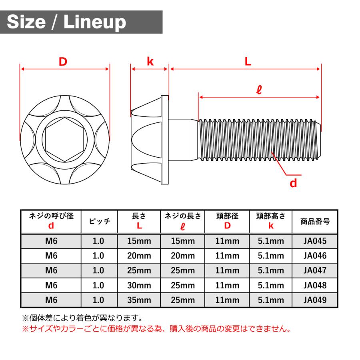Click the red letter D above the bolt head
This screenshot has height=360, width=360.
click(63, 62)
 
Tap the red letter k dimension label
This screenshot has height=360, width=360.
click(150, 62)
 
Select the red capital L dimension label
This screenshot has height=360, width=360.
click(248, 62)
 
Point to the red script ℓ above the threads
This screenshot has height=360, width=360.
click(259, 90)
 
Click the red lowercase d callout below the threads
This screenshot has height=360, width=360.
click(293, 183)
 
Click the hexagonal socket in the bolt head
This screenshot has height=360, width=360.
click(64, 140)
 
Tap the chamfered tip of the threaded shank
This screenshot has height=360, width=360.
click(319, 140)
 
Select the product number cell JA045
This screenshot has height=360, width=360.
click(315, 241)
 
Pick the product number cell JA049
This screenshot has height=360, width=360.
click(315, 300)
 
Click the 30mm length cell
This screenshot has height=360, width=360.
click(139, 285)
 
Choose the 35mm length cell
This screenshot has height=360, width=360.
click(139, 300)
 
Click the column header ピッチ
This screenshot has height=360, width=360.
click(99, 221)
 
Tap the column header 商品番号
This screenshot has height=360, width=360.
click(315, 221)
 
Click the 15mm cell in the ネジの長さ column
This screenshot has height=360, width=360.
click(183, 241)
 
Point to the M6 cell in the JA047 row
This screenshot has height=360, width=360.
click(51, 270)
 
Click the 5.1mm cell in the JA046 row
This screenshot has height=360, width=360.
click(271, 256)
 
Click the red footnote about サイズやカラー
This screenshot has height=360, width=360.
click(156, 329)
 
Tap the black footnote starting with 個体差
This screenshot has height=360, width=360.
click(82, 318)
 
